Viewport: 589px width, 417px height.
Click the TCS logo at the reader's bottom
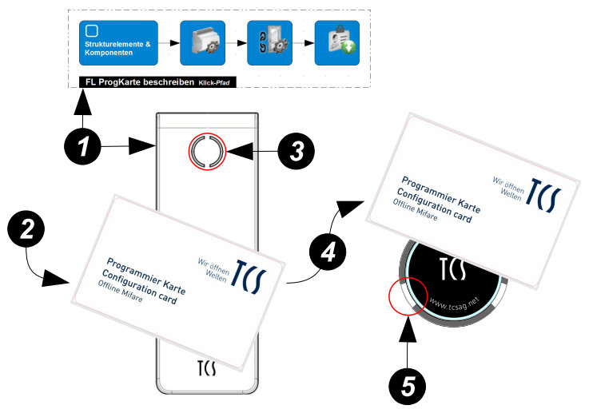coord(207,370)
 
